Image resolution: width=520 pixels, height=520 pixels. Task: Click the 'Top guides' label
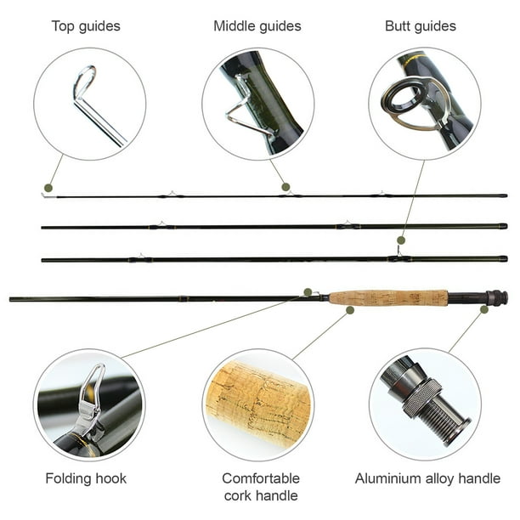coord(86,26)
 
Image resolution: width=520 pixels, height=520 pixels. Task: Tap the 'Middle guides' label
coord(257,26)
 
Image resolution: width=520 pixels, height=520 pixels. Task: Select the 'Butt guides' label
coord(421,26)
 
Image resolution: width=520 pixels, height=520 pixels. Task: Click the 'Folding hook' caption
coord(86,478)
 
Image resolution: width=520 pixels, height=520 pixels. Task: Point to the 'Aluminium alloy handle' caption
coord(427,478)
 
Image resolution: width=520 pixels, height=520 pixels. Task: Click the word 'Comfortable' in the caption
coord(261,478)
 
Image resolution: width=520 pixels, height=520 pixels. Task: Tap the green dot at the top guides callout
coord(48,188)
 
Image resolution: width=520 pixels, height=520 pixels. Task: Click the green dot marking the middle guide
coord(285,187)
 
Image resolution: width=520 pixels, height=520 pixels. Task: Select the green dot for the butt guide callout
coord(401,240)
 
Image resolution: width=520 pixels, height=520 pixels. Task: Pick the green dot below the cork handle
coord(350,310)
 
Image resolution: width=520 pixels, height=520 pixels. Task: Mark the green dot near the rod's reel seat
coord(484,309)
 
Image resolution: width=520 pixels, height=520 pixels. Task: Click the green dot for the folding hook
coord(308,292)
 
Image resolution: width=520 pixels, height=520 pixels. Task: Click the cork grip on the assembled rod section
coord(388,297)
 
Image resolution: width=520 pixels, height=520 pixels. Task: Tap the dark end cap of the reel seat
coord(497,297)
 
